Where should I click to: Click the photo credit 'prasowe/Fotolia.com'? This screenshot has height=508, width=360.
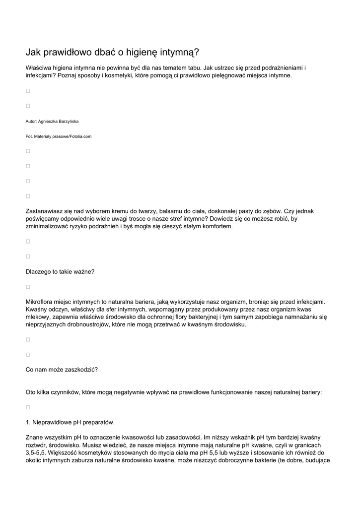tap(72, 136)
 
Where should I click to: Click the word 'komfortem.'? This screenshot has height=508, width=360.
tap(215, 226)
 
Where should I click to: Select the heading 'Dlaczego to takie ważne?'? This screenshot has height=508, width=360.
tap(60, 271)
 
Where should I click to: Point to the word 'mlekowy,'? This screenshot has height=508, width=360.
tap(37, 317)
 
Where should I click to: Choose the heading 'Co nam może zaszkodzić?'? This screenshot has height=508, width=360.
tap(62, 370)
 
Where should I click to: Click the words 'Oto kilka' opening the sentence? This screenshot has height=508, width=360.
tap(39, 392)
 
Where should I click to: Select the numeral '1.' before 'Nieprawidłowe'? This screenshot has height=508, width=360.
tap(28, 422)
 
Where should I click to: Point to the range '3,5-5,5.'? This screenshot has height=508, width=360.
tap(37, 453)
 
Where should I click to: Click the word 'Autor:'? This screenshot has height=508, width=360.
tap(31, 121)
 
